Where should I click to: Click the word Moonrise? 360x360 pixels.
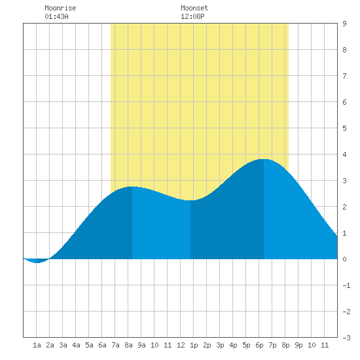tap(60, 8)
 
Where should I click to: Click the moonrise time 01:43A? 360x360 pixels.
tap(56, 16)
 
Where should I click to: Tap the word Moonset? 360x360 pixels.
tap(194, 8)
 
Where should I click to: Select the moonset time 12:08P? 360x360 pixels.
tap(192, 16)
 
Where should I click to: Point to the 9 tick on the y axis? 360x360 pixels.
tap(344, 24)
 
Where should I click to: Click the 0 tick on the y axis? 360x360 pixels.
tap(344, 259)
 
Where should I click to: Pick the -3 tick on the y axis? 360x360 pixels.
tap(346, 338)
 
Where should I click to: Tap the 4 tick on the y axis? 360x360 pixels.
tap(344, 154)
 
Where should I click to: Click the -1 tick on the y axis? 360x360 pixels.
tap(346, 285)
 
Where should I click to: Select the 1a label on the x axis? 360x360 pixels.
tap(37, 345)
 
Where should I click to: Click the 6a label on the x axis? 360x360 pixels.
tap(102, 345)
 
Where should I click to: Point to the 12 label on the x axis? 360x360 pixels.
tap(181, 345)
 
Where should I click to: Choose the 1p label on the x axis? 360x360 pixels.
tap(194, 345)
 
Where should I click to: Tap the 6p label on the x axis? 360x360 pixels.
tap(259, 345)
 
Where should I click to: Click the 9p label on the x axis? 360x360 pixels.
tap(298, 345)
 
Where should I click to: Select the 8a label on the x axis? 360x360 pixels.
tap(128, 345)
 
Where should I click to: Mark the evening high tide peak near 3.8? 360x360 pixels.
tap(263, 159)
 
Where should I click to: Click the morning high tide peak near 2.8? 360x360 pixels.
tap(132, 187)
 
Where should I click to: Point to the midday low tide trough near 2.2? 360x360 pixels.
tap(190, 200)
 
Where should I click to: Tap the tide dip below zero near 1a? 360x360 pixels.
tap(37, 262)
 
